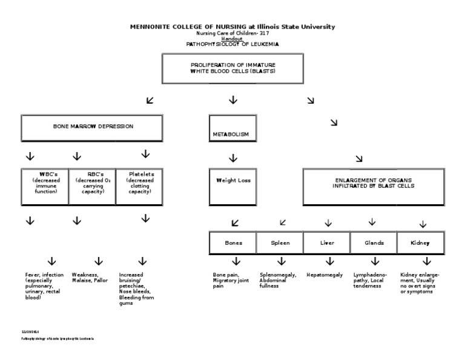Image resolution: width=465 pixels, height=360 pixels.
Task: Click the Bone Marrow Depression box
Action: click(x=92, y=127)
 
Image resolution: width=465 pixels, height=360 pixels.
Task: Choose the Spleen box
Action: click(x=280, y=242)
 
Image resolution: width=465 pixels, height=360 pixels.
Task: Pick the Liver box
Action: click(x=327, y=242)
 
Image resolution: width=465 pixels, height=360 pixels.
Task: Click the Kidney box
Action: click(x=421, y=242)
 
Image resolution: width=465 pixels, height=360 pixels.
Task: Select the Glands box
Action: click(x=374, y=242)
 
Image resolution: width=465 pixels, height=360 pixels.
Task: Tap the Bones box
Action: click(x=233, y=242)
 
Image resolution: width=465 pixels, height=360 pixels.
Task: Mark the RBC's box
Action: click(x=93, y=185)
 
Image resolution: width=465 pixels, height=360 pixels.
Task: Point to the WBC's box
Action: click(x=46, y=185)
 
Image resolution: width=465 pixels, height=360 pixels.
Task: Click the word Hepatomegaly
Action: click(x=325, y=275)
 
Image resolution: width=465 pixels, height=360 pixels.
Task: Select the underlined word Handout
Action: click(x=232, y=39)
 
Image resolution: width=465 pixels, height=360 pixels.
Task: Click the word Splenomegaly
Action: click(x=278, y=275)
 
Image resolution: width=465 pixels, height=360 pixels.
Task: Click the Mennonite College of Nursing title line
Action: click(x=232, y=27)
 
